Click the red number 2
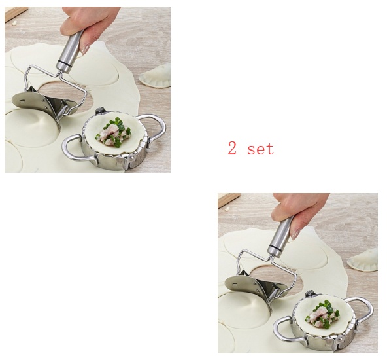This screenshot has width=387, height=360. tap(232, 148)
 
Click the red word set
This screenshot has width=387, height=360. tap(261, 149)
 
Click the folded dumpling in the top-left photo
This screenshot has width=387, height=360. tap(156, 76)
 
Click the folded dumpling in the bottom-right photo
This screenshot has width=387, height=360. tap(363, 260)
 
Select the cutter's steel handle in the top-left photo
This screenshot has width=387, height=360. tap(71, 51)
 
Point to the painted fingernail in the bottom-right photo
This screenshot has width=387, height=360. tap(295, 234)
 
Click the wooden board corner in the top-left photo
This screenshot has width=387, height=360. tap(15, 14)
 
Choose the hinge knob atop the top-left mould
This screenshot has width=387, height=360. tap(100, 110)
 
